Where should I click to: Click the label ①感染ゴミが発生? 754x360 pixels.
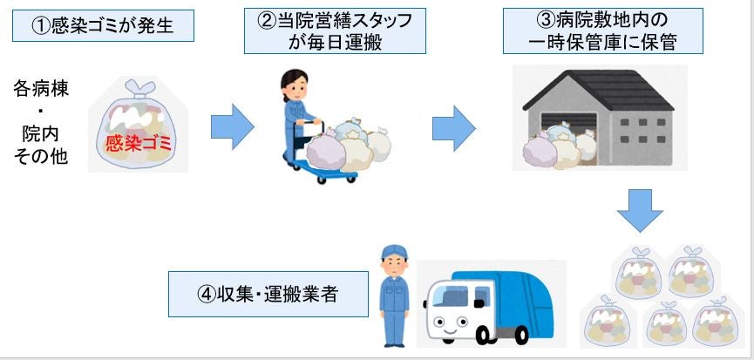pyautogui.click(x=102, y=27)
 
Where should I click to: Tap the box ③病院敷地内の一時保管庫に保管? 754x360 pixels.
pyautogui.click(x=603, y=31)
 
